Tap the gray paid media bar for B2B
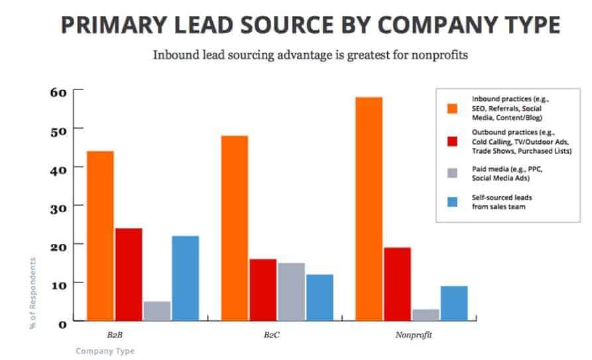click(x=156, y=311)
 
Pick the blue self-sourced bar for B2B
click(x=185, y=278)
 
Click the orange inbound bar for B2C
click(x=235, y=228)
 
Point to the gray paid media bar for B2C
click(x=291, y=292)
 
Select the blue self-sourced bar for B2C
click(x=320, y=298)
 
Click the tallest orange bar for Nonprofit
click(x=369, y=209)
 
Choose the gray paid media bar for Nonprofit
click(x=426, y=315)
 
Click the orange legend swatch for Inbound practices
click(x=452, y=107)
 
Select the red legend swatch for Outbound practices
click(x=452, y=141)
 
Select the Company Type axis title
click(x=105, y=351)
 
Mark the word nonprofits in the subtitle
click(x=440, y=54)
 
